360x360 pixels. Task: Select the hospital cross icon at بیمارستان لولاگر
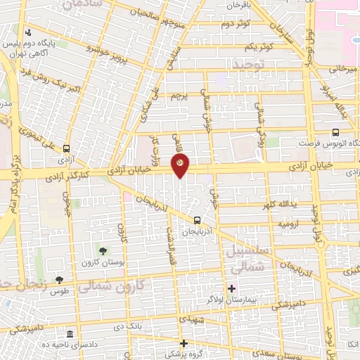pyautogui.click(x=231, y=288)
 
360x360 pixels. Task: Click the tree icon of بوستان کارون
pyautogui.click(x=103, y=250)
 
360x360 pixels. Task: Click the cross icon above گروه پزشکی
pyautogui.click(x=184, y=344)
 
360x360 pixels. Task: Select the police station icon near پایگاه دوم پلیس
pyautogui.click(x=27, y=32)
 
